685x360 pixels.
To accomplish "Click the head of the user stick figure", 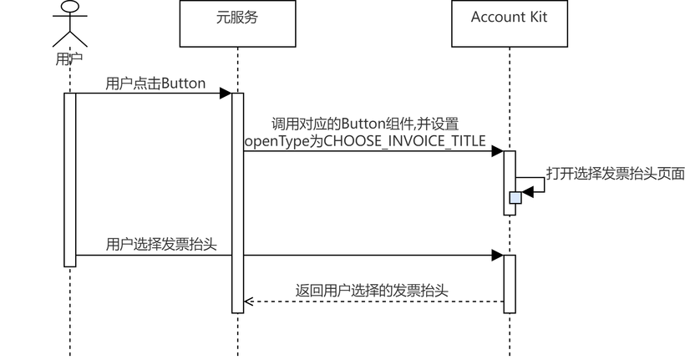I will pyautogui.click(x=70, y=8).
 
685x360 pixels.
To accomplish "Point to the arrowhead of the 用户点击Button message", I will pyautogui.click(x=225, y=94).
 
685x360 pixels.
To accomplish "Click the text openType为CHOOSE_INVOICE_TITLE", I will pyautogui.click(x=364, y=140).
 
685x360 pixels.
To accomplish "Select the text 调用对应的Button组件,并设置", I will pyautogui.click(x=364, y=123).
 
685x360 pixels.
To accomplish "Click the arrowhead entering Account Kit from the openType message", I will pyautogui.click(x=497, y=151).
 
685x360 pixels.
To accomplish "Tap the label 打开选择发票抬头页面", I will pyautogui.click(x=616, y=173).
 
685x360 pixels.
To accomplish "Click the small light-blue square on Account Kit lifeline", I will pyautogui.click(x=515, y=198).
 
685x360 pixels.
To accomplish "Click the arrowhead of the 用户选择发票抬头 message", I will pyautogui.click(x=497, y=255).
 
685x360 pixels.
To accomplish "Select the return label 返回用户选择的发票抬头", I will pyautogui.click(x=372, y=291).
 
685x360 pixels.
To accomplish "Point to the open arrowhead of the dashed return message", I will pyautogui.click(x=248, y=302).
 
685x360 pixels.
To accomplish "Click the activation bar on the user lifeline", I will pyautogui.click(x=70, y=180).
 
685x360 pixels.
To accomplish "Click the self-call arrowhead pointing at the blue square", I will pyautogui.click(x=528, y=192).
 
